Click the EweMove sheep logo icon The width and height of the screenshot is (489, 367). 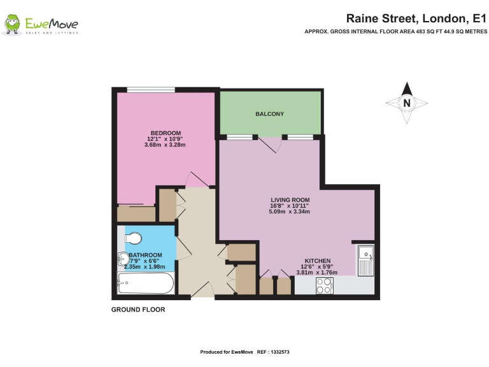[x=12, y=25]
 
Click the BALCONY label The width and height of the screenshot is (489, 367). [x=269, y=114]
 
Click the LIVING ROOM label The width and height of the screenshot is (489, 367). [x=290, y=199]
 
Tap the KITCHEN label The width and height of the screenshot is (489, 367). [x=316, y=261]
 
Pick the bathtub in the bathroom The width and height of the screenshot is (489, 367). [x=146, y=283]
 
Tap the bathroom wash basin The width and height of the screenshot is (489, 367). [x=124, y=261]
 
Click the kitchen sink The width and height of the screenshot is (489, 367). [x=365, y=260]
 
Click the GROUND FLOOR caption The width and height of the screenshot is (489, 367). [x=138, y=310]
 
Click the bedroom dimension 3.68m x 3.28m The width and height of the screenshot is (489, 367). [x=164, y=145]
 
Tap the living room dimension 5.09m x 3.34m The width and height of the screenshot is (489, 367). [x=290, y=212]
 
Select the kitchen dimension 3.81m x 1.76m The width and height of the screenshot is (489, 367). [x=316, y=273]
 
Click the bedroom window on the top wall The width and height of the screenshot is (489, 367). [x=150, y=90]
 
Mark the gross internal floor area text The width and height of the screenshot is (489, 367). [x=395, y=31]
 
